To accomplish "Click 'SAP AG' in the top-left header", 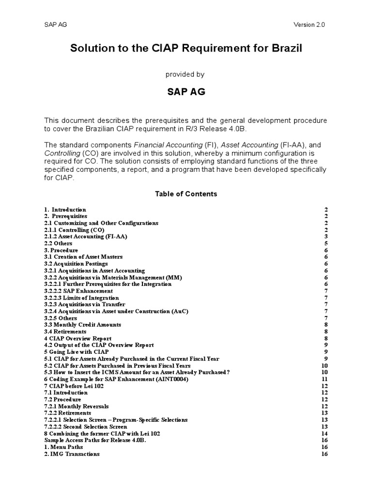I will point(56,25).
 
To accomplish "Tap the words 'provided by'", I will point(185,74).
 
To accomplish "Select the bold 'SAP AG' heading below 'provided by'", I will point(186,92).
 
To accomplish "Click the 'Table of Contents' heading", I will point(186,194).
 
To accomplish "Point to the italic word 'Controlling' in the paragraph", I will point(62,153).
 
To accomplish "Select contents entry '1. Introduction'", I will point(65,210).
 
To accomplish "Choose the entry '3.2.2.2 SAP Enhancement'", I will point(78,291).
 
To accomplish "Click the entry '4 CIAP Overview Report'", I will point(78,338).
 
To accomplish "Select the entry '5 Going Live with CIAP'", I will point(77,352).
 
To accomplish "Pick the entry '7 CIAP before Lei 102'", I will point(74,386).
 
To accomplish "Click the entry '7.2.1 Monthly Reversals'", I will point(77,406).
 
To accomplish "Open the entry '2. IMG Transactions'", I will point(72,454).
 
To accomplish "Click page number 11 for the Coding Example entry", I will point(325,379).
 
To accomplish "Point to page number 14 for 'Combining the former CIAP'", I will point(325,433).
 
